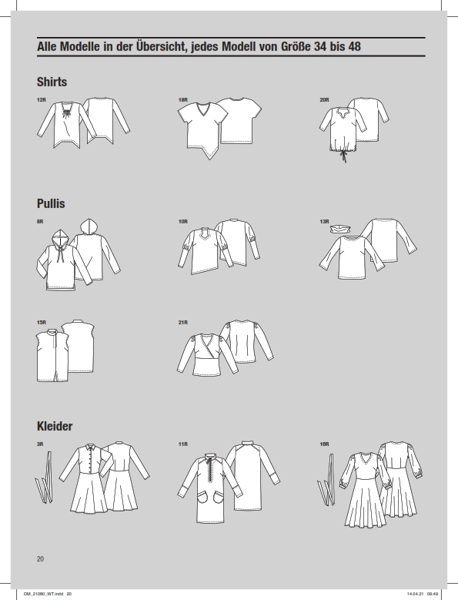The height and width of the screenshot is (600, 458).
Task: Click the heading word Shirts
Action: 52,82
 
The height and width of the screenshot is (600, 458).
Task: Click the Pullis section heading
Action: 51,203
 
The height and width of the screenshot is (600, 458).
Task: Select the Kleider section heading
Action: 55,426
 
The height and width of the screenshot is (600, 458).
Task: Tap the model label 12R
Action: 42,100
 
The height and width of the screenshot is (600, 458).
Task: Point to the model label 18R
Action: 182,100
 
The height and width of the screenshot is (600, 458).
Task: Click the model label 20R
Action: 324,100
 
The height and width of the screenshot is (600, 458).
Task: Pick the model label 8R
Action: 40,222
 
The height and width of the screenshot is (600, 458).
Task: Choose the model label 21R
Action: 182,323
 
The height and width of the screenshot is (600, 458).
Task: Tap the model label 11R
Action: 182,444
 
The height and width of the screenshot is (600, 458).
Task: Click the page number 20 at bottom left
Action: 40,559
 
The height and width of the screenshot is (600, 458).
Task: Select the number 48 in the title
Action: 354,47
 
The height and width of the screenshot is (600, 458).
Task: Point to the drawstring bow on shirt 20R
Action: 343,156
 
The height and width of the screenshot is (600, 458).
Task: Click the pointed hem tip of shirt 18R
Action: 209,159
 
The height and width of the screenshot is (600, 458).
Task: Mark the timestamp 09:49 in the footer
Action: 433,594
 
